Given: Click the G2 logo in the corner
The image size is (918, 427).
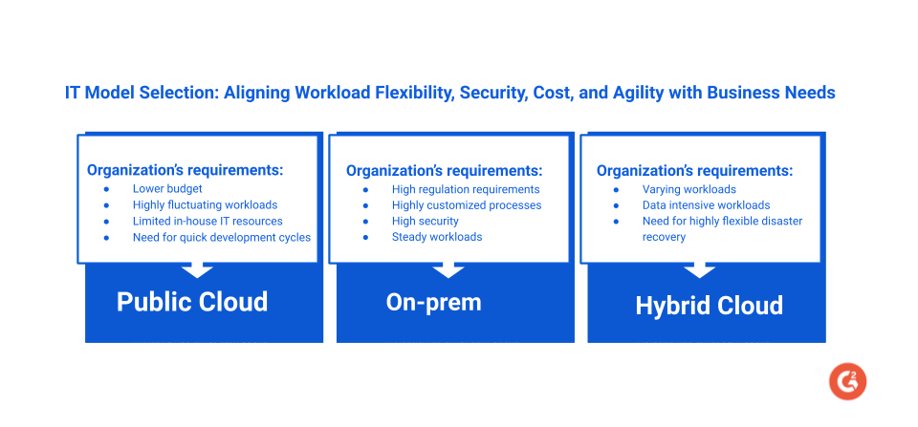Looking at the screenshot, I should pyautogui.click(x=847, y=380).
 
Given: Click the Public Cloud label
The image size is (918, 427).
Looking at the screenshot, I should pyautogui.click(x=192, y=302).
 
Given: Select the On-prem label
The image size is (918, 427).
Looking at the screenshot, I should pyautogui.click(x=433, y=302).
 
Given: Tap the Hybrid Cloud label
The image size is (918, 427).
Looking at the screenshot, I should pyautogui.click(x=709, y=305).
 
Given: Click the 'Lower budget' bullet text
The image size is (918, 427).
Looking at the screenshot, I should pyautogui.click(x=167, y=189).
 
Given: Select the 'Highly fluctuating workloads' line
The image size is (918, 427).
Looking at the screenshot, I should pyautogui.click(x=205, y=204).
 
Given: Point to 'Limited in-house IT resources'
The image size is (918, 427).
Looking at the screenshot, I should pyautogui.click(x=208, y=221).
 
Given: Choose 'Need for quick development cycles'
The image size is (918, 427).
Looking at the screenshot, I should pyautogui.click(x=221, y=237).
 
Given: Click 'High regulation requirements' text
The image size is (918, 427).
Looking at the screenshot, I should pyautogui.click(x=466, y=189).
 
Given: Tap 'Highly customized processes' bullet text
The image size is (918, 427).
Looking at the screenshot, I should pyautogui.click(x=467, y=204).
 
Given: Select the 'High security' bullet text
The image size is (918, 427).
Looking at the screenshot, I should pyautogui.click(x=425, y=221).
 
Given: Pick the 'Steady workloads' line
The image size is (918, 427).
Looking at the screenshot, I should pyautogui.click(x=437, y=237).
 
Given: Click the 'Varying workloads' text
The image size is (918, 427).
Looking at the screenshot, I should pyautogui.click(x=688, y=189).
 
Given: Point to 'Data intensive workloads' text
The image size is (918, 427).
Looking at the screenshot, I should pyautogui.click(x=706, y=204).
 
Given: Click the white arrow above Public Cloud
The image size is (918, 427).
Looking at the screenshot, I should pyautogui.click(x=197, y=268).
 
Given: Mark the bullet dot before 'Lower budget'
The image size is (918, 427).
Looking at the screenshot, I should pyautogui.click(x=106, y=189).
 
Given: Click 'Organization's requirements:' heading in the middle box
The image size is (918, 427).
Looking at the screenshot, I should pyautogui.click(x=444, y=171).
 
